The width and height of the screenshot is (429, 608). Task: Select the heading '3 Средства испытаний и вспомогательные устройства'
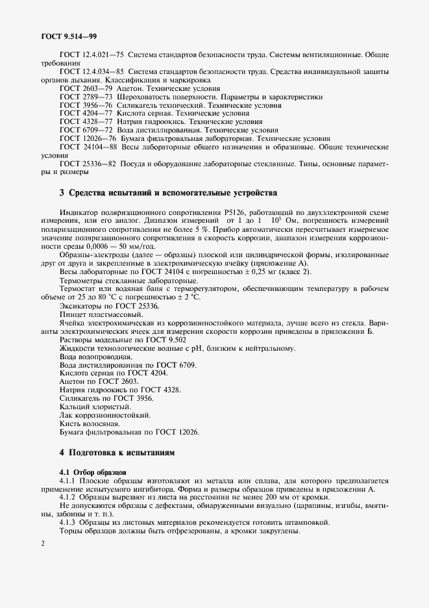click(x=168, y=193)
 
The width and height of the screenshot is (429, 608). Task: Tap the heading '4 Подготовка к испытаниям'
click(x=117, y=451)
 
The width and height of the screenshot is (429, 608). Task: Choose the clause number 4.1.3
click(x=68, y=522)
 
